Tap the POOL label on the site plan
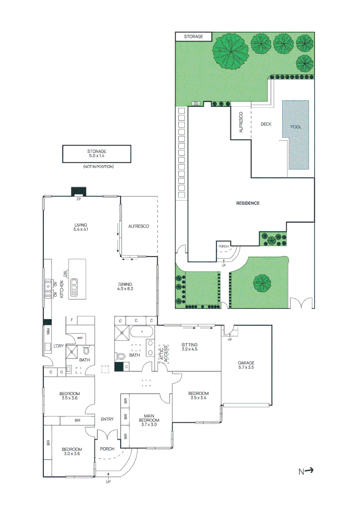coord(296,127)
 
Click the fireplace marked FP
coord(78,192)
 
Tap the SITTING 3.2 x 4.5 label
coord(189,348)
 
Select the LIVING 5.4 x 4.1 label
coord(81,227)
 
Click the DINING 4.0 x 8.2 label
coord(126,286)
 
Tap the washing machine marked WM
coord(48,331)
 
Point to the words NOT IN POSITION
coord(98,167)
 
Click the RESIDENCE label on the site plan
coord(248,203)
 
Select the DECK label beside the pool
coord(266,124)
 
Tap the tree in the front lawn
coord(261,284)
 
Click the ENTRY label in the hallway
coord(107,419)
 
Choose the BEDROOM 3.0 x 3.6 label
coord(72,452)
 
